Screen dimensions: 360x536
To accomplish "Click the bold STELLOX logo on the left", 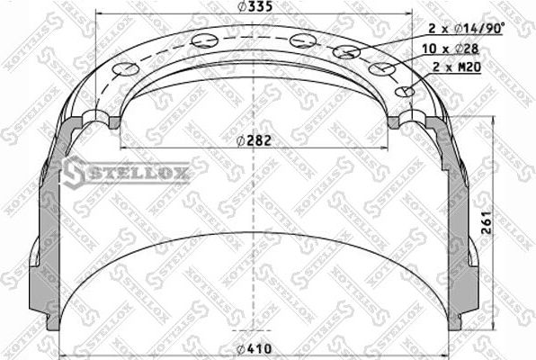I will [x=125, y=170].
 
